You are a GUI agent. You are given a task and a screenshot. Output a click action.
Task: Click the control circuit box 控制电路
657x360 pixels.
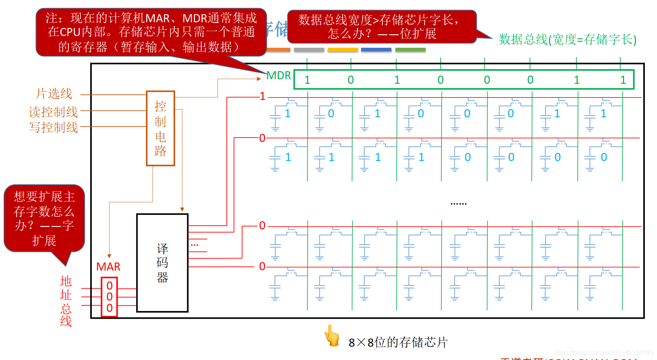tap(160, 128)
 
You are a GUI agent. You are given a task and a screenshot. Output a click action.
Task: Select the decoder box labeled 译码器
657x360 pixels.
tap(162, 263)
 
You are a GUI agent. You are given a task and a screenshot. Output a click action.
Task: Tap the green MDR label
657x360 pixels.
tap(279, 76)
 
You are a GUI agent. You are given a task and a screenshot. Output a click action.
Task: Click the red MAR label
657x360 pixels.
tap(108, 267)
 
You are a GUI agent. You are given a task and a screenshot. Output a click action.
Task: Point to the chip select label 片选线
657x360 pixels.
tap(54, 94)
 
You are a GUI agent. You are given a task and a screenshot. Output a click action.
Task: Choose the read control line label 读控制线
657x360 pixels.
tap(53, 112)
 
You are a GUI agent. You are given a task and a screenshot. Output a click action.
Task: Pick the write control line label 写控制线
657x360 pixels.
tap(53, 127)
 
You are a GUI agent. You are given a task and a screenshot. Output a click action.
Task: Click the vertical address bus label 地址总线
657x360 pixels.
tap(65, 301)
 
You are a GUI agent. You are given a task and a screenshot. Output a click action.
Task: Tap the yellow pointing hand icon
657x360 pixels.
tap(332, 336)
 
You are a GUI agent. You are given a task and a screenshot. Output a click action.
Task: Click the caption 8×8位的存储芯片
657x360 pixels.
tap(398, 343)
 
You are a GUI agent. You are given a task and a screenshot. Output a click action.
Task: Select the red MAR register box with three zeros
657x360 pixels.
tap(109, 297)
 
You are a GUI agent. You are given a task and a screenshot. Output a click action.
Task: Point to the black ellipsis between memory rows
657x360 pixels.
tap(458, 203)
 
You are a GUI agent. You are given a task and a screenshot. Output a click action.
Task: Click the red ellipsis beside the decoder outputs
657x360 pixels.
tap(194, 245)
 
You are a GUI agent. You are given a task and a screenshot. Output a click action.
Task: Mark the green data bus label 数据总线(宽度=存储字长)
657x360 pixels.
tap(567, 40)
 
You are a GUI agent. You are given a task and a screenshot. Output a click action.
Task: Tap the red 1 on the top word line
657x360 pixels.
tap(263, 96)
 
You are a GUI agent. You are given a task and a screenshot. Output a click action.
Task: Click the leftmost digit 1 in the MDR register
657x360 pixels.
tap(307, 80)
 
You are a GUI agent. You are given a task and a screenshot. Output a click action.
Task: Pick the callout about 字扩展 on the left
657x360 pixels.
tap(44, 218)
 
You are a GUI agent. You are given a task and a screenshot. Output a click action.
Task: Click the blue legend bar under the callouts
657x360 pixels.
tap(376, 50)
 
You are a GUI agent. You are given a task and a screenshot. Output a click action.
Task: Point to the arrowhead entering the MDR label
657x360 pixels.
tap(259, 79)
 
